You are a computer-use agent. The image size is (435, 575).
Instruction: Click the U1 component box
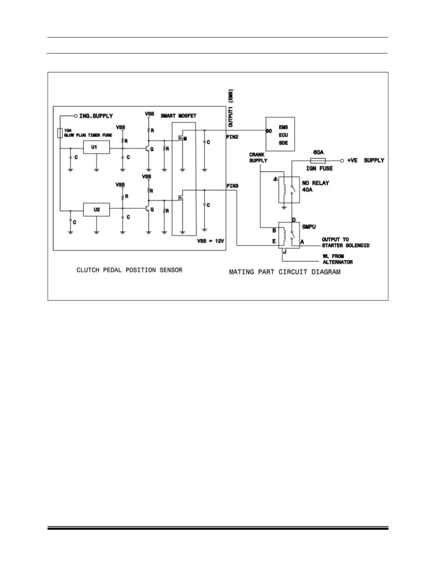96,148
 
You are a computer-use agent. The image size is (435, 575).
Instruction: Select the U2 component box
96,210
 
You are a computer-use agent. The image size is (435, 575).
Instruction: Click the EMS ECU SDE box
280,135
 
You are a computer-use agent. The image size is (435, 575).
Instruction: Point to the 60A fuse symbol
317,161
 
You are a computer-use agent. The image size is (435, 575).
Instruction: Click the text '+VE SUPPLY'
365,161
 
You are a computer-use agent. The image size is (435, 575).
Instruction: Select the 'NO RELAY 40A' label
316,186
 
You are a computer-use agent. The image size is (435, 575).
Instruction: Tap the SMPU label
309,227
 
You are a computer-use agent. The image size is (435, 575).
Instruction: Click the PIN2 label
232,137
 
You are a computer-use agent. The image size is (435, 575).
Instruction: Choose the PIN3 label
232,186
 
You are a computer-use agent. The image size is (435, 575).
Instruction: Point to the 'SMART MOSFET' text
178,116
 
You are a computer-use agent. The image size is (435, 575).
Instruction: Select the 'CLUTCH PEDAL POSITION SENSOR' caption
129,270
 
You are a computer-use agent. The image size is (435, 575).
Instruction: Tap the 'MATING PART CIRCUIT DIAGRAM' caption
285,272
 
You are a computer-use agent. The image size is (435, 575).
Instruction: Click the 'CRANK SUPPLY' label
258,158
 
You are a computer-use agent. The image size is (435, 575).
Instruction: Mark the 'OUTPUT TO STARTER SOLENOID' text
345,243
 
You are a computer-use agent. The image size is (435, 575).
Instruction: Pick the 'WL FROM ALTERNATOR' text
337,259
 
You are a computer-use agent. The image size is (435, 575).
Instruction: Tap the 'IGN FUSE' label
320,169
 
